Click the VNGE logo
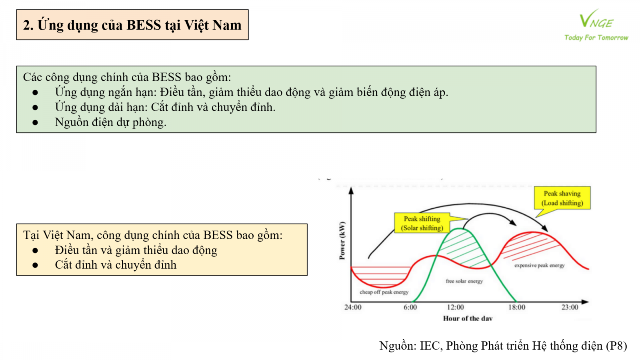pyautogui.click(x=596, y=19)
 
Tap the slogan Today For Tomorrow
pyautogui.click(x=596, y=38)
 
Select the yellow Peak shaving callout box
pyautogui.click(x=562, y=198)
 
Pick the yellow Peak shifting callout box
pyautogui.click(x=422, y=223)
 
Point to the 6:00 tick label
pyautogui.click(x=410, y=308)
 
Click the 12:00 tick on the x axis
pyautogui.click(x=456, y=308)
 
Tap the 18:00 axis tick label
pyautogui.click(x=516, y=308)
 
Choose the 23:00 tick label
pyautogui.click(x=570, y=308)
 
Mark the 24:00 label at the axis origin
pyautogui.click(x=353, y=308)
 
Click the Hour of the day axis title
pyautogui.click(x=468, y=318)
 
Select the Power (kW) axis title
pyautogui.click(x=342, y=240)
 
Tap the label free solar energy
pyautogui.click(x=464, y=281)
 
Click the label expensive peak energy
pyautogui.click(x=540, y=266)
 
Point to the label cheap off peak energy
pyautogui.click(x=384, y=292)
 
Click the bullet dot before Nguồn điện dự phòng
pyautogui.click(x=35, y=122)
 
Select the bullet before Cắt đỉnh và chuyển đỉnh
pyautogui.click(x=35, y=265)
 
